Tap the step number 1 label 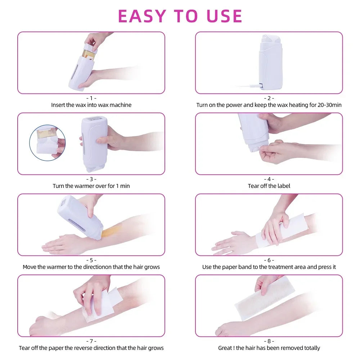[x=91, y=98]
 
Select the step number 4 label [x=269, y=179]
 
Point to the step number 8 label [x=269, y=341]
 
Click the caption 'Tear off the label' [x=269, y=186]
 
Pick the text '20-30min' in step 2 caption [x=330, y=105]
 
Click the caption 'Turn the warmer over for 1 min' [x=91, y=186]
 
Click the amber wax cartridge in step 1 [x=89, y=54]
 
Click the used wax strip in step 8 [x=265, y=297]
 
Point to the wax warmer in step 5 [x=80, y=216]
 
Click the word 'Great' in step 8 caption [x=225, y=348]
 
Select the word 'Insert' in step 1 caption [x=58, y=105]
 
